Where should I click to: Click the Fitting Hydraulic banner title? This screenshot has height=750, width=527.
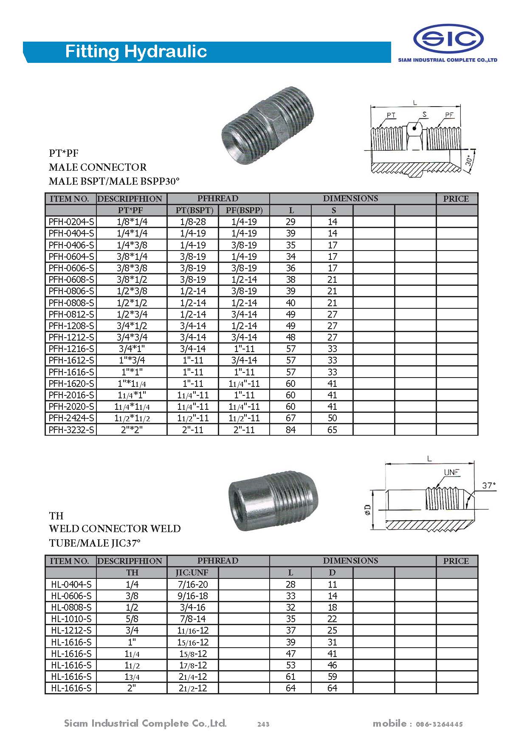[x=136, y=51]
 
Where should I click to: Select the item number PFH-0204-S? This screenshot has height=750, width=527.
[x=71, y=222]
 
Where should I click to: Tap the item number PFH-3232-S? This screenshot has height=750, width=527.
[x=71, y=430]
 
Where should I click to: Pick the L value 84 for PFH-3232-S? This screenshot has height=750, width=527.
[x=290, y=430]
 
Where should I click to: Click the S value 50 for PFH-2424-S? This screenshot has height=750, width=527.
[x=332, y=418]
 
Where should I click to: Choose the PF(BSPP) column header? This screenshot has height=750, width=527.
[x=244, y=210]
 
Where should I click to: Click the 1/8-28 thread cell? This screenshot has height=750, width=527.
[x=193, y=222]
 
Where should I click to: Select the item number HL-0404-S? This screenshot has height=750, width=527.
[x=71, y=584]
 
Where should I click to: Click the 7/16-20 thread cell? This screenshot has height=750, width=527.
[x=193, y=584]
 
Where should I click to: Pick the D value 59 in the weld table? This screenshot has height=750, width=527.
[x=332, y=677]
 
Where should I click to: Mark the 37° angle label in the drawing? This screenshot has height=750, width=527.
[x=489, y=485]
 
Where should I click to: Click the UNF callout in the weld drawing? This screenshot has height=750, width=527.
[x=452, y=473]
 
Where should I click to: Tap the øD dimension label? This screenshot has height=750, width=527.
[x=368, y=510]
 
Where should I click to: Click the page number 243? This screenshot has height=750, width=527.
[x=263, y=724]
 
